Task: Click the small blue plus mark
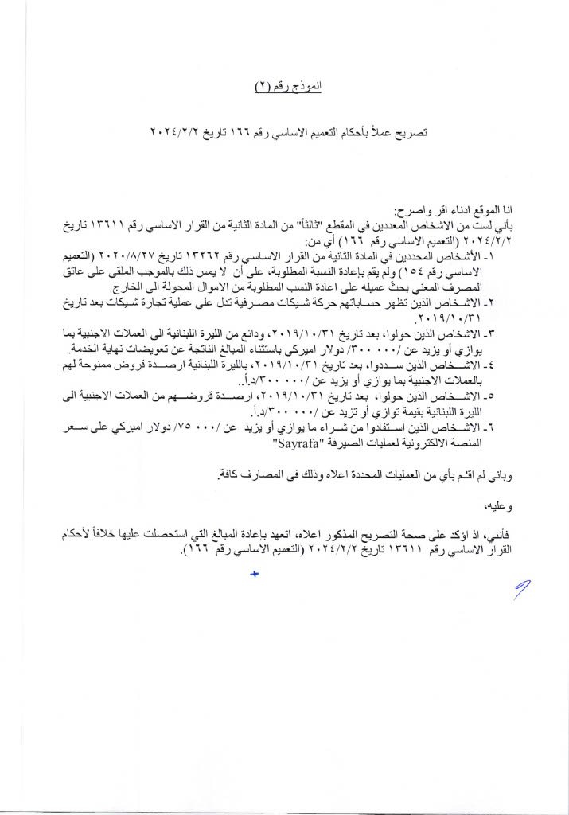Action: [x=255, y=574]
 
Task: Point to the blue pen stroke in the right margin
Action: [x=523, y=591]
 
